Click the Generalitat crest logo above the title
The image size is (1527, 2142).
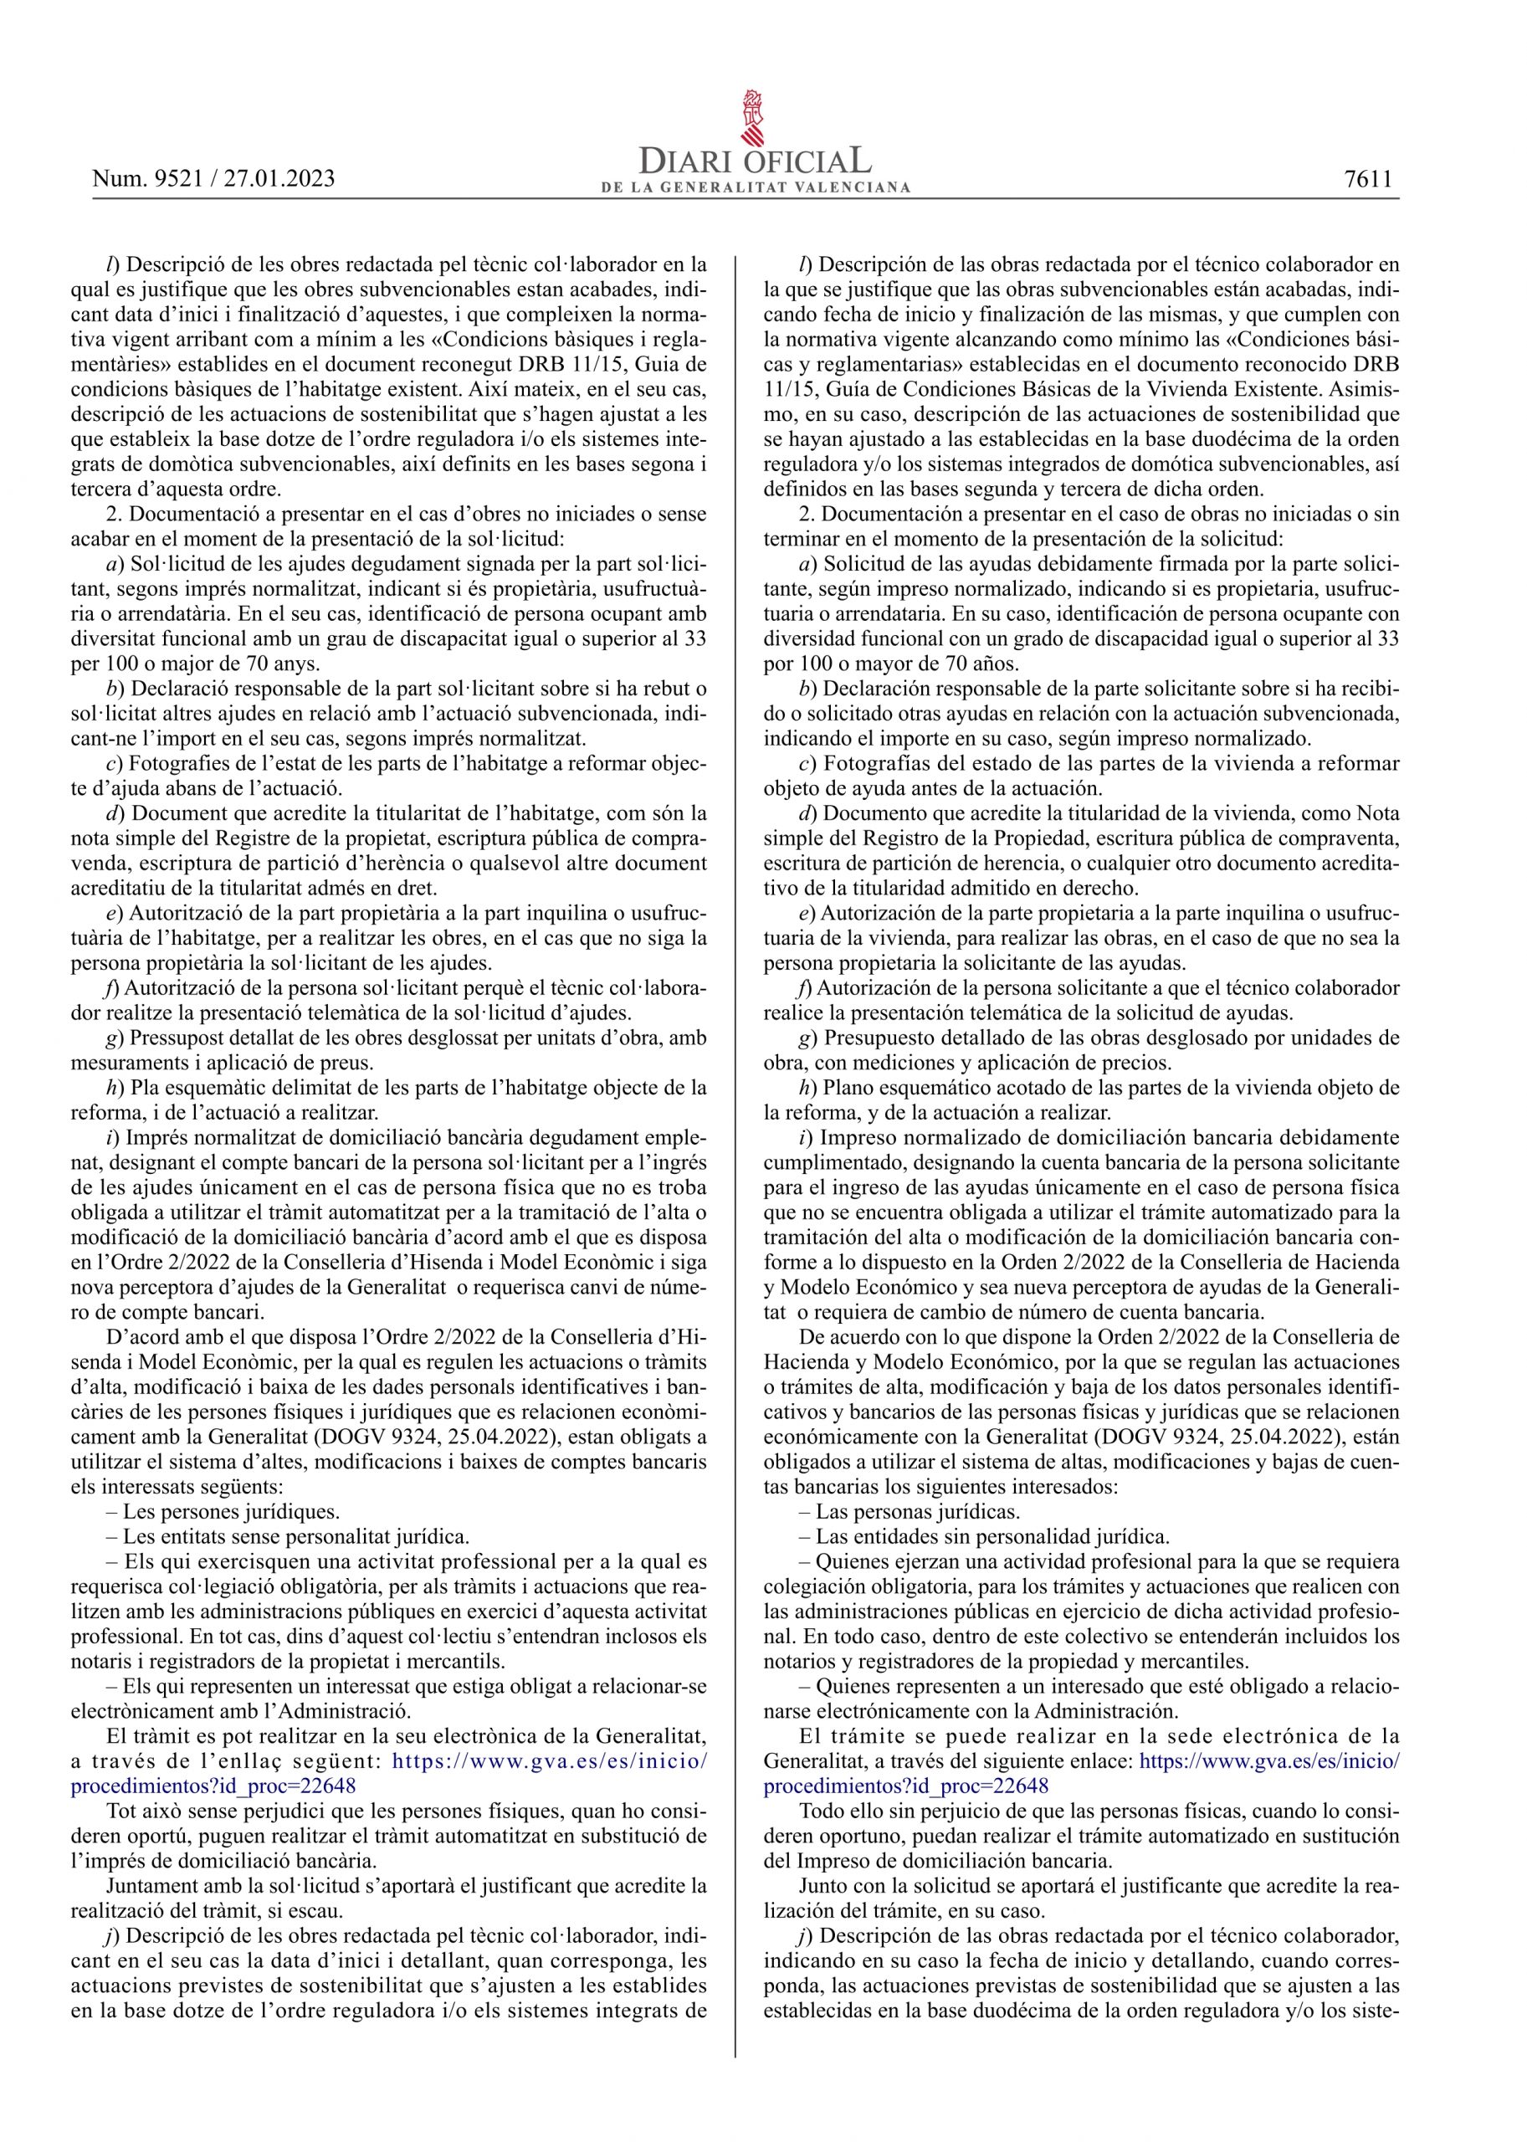coord(754,119)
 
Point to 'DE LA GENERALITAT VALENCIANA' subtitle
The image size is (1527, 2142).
coord(756,187)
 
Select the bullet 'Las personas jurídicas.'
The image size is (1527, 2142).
coord(910,1512)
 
